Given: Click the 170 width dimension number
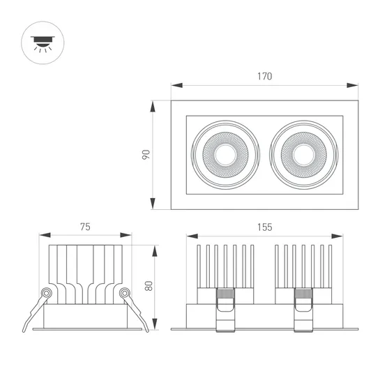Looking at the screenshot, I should click(x=264, y=76).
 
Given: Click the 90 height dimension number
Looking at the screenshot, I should click(x=146, y=154).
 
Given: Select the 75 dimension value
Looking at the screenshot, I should click(x=85, y=227).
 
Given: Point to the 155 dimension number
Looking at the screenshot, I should click(x=264, y=227).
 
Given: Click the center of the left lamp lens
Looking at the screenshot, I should click(x=225, y=154).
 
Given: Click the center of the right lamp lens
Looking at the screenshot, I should click(x=304, y=154).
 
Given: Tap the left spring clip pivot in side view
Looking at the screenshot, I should click(x=47, y=293).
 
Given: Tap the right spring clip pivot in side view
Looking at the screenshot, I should click(x=124, y=293).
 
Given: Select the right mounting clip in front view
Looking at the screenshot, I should click(x=304, y=307).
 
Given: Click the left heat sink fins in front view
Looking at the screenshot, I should click(x=225, y=266).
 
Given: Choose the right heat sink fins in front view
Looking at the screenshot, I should click(x=304, y=266).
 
